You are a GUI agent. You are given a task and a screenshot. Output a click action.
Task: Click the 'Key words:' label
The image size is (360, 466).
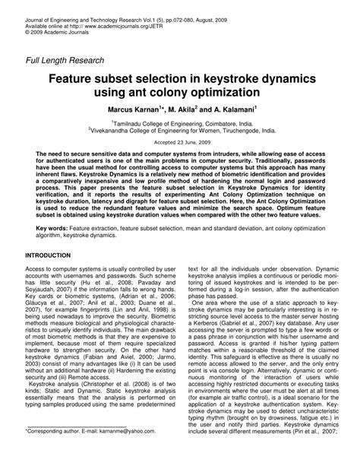point(49,227)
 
